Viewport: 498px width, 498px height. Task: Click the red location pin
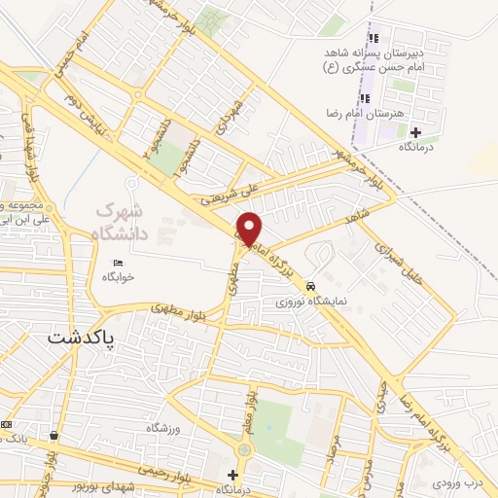click(x=249, y=230)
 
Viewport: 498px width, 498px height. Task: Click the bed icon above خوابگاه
click(x=119, y=264)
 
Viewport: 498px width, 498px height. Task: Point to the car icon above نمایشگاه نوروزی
click(x=310, y=287)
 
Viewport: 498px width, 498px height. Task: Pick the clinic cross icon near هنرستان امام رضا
click(x=416, y=131)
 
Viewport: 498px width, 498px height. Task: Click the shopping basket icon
click(x=53, y=437)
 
